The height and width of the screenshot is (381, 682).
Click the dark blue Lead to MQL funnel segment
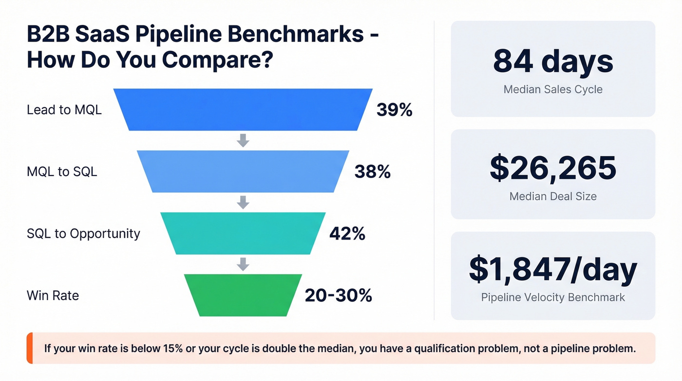pyautogui.click(x=243, y=110)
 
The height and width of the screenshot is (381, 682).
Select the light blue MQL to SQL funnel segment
pyautogui.click(x=243, y=171)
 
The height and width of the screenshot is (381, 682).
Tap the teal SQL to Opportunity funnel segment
pyautogui.click(x=243, y=233)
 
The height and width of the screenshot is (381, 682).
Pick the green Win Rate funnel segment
pyautogui.click(x=243, y=295)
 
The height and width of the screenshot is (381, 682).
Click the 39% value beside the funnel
pyautogui.click(x=394, y=110)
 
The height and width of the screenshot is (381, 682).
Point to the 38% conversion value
pyautogui.click(x=372, y=171)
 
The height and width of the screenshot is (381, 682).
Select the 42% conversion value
pyautogui.click(x=347, y=234)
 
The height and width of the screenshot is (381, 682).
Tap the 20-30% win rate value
pyautogui.click(x=338, y=295)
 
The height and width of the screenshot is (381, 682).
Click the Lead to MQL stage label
pyautogui.click(x=64, y=110)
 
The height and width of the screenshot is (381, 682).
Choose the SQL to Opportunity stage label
pyautogui.click(x=83, y=234)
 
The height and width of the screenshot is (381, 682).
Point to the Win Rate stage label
pyautogui.click(x=53, y=295)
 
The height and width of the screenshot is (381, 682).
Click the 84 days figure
pyautogui.click(x=553, y=62)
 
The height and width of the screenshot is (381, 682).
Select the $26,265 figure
pyautogui.click(x=553, y=167)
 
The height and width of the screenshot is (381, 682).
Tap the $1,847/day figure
pyautogui.click(x=553, y=270)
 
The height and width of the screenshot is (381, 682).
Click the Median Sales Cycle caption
pyautogui.click(x=553, y=90)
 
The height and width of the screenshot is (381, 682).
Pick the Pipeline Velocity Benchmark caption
pyautogui.click(x=553, y=297)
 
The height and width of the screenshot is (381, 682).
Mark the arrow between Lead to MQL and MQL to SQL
pyautogui.click(x=243, y=140)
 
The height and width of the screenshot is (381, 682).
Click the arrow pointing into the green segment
pyautogui.click(x=243, y=264)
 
